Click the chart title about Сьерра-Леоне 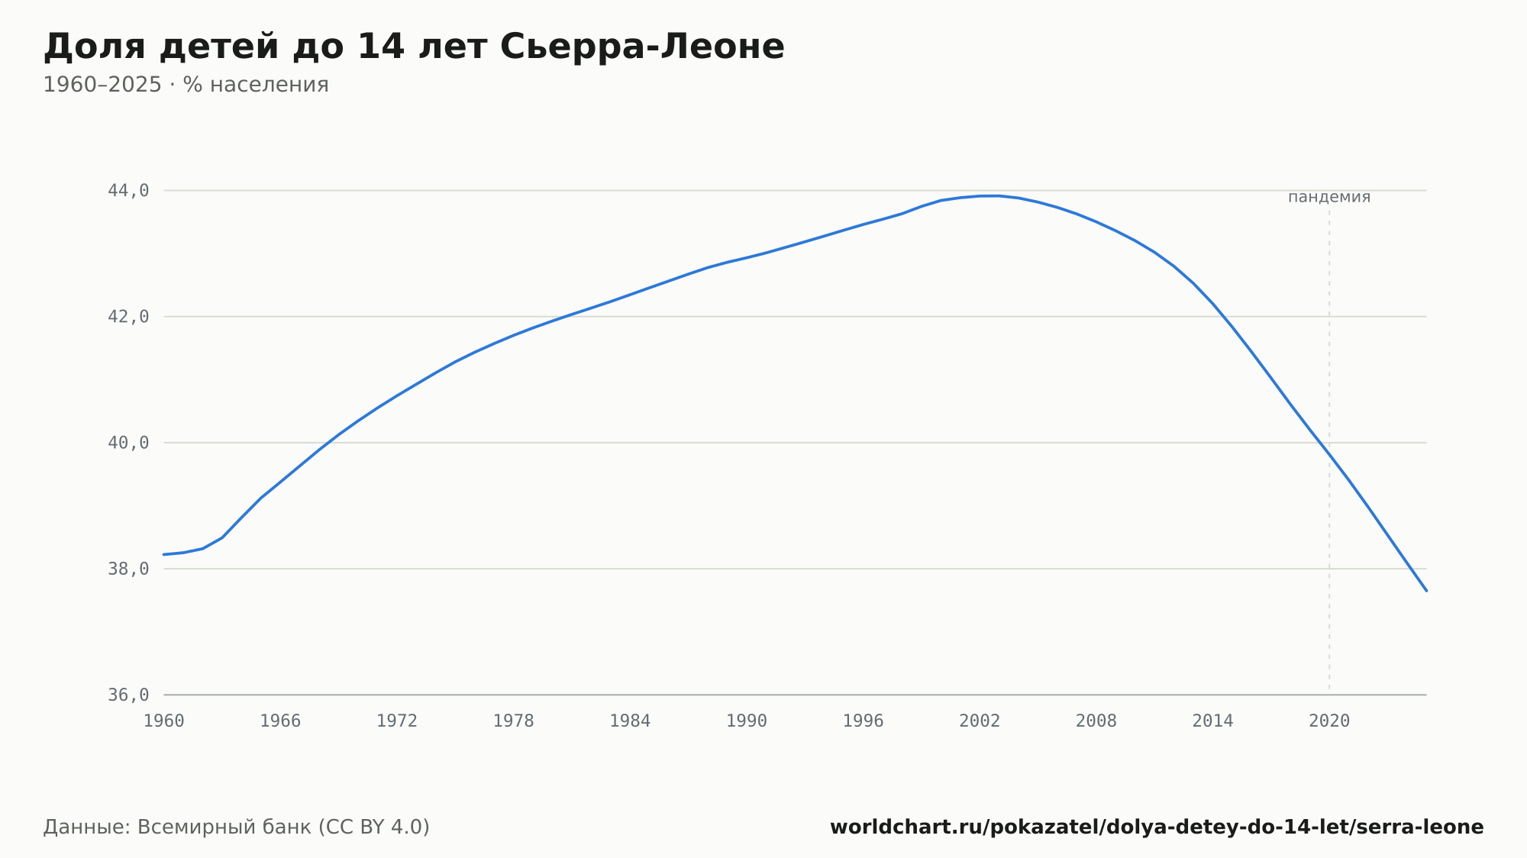414,47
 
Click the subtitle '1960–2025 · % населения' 186,85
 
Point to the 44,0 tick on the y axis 128,191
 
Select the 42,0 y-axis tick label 128,317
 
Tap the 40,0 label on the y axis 128,443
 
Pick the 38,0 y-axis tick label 128,569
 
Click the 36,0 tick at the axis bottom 128,695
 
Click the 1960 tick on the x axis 164,721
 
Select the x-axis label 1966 280,721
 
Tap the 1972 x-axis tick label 397,721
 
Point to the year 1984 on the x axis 630,721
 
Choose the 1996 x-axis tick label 864,721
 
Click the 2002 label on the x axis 980,721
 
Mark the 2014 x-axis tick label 1213,721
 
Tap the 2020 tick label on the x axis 1329,721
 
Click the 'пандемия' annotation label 1329,197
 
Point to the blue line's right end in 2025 1426,591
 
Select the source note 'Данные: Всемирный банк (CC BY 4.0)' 237,827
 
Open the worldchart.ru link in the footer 1157,827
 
